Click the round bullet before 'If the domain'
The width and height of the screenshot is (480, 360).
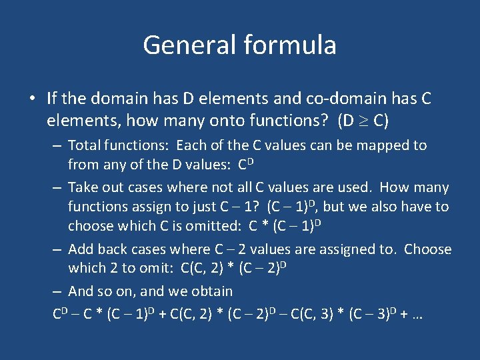pyautogui.click(x=32, y=99)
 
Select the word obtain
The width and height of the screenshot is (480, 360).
pyautogui.click(x=210, y=291)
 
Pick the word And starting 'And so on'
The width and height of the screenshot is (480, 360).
pyautogui.click(x=81, y=291)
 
